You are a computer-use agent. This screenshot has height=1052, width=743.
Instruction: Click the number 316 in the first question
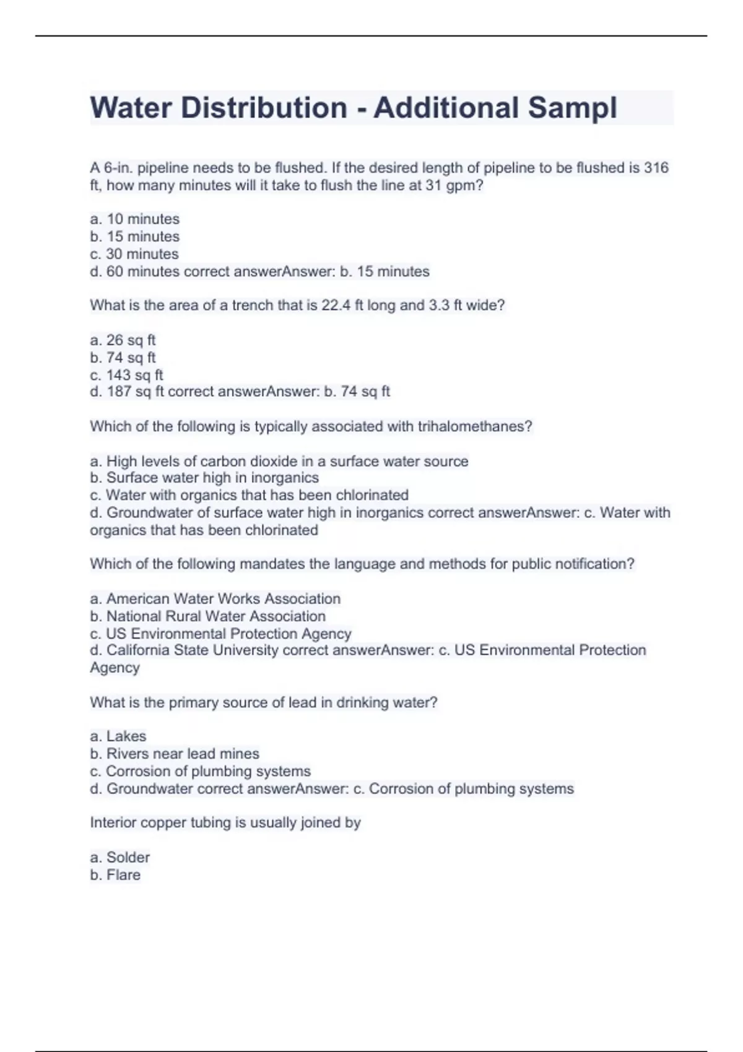coord(656,168)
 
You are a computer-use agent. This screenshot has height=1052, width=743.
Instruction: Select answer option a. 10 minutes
coord(134,219)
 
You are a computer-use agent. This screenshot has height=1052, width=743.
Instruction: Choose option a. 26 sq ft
coord(123,340)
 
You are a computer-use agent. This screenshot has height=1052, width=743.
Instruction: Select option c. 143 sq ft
coord(126,375)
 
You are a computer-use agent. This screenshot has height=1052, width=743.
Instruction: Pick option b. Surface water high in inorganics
coord(204,478)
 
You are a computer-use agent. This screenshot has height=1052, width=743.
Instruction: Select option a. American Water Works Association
coord(215,599)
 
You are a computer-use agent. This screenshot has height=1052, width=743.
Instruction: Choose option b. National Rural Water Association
coord(207,616)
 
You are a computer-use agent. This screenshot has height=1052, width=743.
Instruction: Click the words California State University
coord(192,650)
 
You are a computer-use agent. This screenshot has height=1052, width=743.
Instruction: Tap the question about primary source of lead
coord(263,702)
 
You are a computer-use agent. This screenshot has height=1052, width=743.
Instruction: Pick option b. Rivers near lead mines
coord(174,754)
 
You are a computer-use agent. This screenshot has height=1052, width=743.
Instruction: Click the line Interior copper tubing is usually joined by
coord(225,822)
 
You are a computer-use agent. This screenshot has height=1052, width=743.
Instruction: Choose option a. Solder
coord(119,858)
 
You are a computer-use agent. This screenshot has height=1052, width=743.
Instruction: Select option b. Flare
coord(115,875)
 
